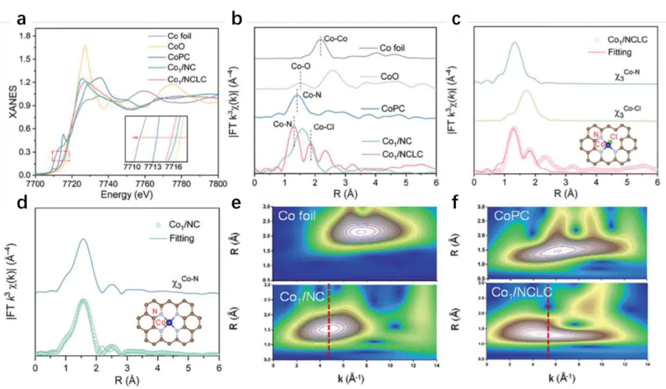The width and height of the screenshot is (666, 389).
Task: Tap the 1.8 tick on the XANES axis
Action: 25,36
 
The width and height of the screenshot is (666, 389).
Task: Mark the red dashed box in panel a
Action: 60,156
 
